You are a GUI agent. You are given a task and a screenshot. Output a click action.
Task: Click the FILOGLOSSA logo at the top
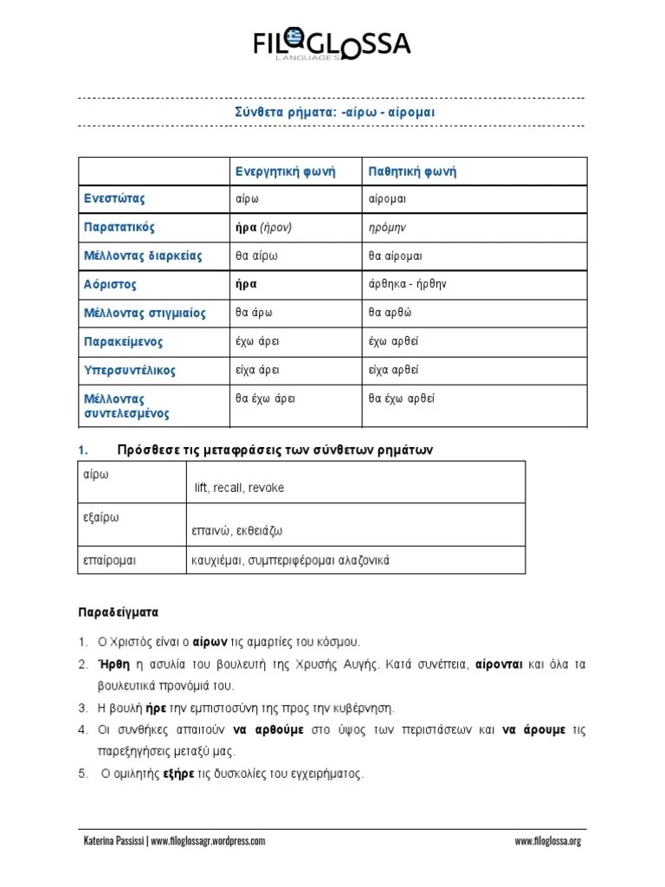(x=332, y=43)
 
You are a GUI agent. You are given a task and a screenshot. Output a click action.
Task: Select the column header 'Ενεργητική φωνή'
(x=285, y=172)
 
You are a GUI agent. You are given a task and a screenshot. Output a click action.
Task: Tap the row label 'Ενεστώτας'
(x=114, y=198)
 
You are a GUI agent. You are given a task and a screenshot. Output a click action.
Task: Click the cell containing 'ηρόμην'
(x=387, y=227)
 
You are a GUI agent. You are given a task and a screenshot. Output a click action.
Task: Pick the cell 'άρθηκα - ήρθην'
(x=407, y=284)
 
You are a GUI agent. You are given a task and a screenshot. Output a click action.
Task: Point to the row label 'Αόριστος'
(x=111, y=284)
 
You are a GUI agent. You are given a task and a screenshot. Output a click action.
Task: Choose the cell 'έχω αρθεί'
(x=393, y=341)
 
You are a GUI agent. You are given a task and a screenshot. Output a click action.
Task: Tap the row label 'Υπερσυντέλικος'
(x=130, y=370)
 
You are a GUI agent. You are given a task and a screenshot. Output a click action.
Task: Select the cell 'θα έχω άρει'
(x=266, y=398)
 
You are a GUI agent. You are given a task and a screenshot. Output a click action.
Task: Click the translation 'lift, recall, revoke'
(x=239, y=488)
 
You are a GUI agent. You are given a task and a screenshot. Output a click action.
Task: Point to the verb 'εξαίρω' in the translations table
(x=100, y=517)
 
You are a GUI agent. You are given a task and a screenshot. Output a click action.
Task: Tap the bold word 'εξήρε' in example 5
(x=179, y=774)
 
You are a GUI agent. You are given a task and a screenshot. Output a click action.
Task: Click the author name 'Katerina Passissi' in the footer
(x=113, y=841)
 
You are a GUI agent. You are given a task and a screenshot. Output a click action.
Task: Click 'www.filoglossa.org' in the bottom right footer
(x=547, y=841)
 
